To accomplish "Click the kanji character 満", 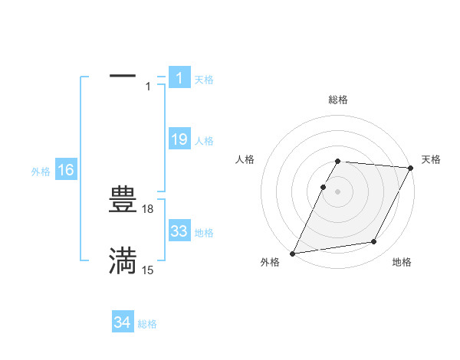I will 123,260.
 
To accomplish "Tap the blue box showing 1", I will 179,78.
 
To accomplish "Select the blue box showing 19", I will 179,139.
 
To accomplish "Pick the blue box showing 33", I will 179,231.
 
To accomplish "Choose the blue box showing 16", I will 66,170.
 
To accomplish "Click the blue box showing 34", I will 123,323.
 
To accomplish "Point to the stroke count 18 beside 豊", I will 148,208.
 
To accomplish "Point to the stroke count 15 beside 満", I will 148,270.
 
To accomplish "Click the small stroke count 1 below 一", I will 148,87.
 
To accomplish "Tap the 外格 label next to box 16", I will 41,172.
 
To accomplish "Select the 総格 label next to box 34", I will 147,324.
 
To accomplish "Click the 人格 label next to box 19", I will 204,141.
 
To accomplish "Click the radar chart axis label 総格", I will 338,100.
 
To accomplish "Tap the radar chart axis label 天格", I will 431,159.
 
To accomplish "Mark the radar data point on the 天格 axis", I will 411,168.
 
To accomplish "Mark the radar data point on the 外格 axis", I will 293,253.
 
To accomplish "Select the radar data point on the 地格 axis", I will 374,242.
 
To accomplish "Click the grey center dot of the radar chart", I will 338,191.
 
